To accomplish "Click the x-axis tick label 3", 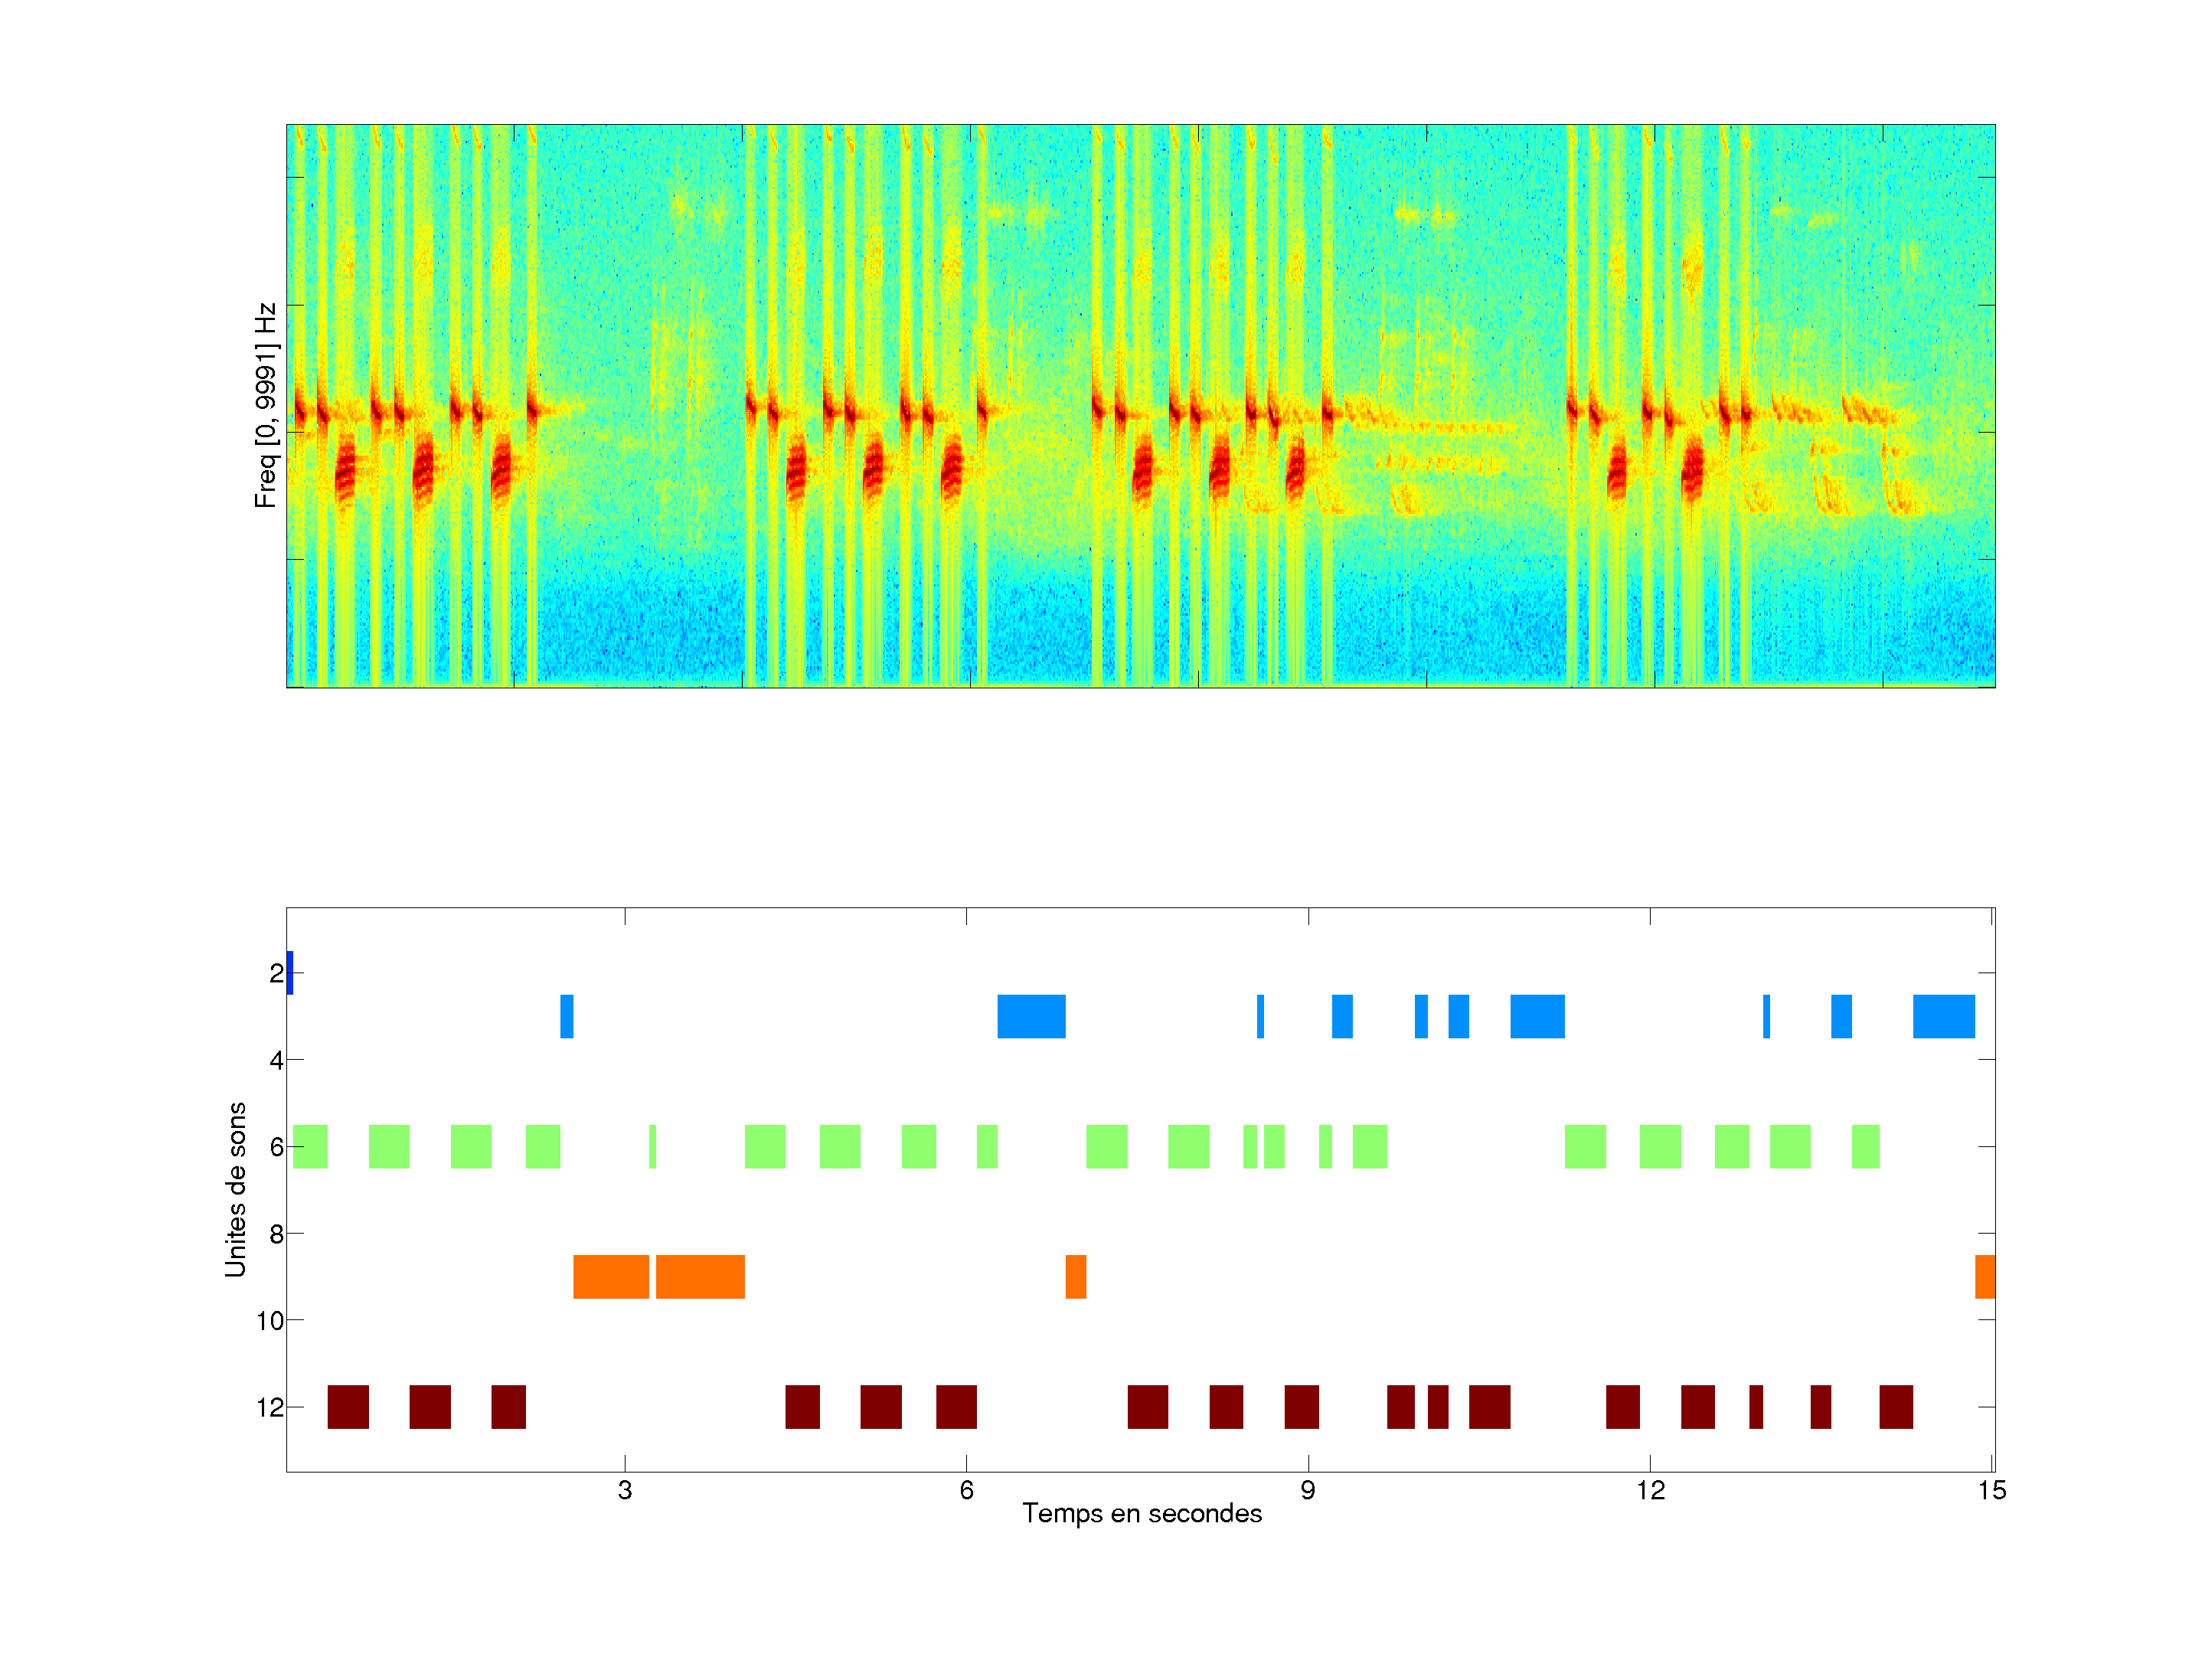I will (x=625, y=1490).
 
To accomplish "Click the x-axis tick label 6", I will (x=966, y=1490).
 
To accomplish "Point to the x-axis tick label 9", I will (x=1308, y=1490).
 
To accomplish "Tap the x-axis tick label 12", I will (x=1650, y=1490).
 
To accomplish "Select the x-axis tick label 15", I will (x=1991, y=1490).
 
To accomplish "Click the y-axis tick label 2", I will (x=276, y=973).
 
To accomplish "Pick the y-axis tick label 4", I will (x=276, y=1060).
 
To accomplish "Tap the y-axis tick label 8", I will (x=276, y=1234).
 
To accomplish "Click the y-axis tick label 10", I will (x=270, y=1321).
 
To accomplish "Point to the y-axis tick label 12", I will (x=270, y=1407).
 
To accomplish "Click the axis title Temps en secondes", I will (x=1142, y=1513).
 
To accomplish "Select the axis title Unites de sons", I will (x=235, y=1189).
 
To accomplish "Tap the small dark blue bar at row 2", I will (x=290, y=973).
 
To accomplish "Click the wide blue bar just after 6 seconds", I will (x=1031, y=1016).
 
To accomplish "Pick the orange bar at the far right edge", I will (x=1984, y=1277).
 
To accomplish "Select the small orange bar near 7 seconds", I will (x=1076, y=1277).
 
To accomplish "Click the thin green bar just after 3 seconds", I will (x=653, y=1146).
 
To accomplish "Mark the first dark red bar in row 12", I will (x=348, y=1407).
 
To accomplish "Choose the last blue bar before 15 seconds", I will (x=1944, y=1016).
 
